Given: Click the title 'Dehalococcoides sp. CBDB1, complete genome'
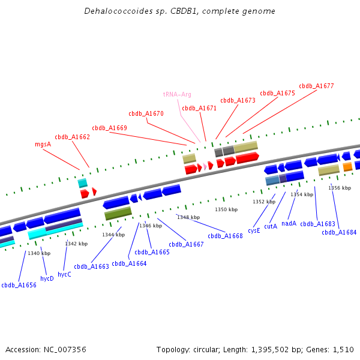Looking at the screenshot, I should tap(180, 11).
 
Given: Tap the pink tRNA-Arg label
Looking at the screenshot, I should tap(177, 94).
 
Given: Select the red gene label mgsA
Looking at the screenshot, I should tap(43, 144).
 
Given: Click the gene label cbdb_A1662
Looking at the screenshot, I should tap(72, 137).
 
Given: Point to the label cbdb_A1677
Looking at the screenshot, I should tap(316, 86).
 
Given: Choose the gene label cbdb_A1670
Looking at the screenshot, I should tap(146, 113).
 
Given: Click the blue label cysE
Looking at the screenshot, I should tap(254, 230).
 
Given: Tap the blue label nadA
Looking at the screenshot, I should tap(289, 223).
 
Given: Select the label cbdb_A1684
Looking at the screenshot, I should tap(339, 232).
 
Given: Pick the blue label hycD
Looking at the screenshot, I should tap(47, 278).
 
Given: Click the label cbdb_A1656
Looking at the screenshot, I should tap(19, 285).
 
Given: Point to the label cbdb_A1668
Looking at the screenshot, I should tap(226, 236).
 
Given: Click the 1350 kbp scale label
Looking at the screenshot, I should tap(226, 209).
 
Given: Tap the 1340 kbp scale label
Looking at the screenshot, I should tap(39, 253).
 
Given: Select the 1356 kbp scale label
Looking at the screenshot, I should tap(339, 188).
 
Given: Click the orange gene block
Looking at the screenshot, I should tap(347, 167).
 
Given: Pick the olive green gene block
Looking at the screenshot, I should tap(118, 213).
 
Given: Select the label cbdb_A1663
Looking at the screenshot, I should tap(91, 266).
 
